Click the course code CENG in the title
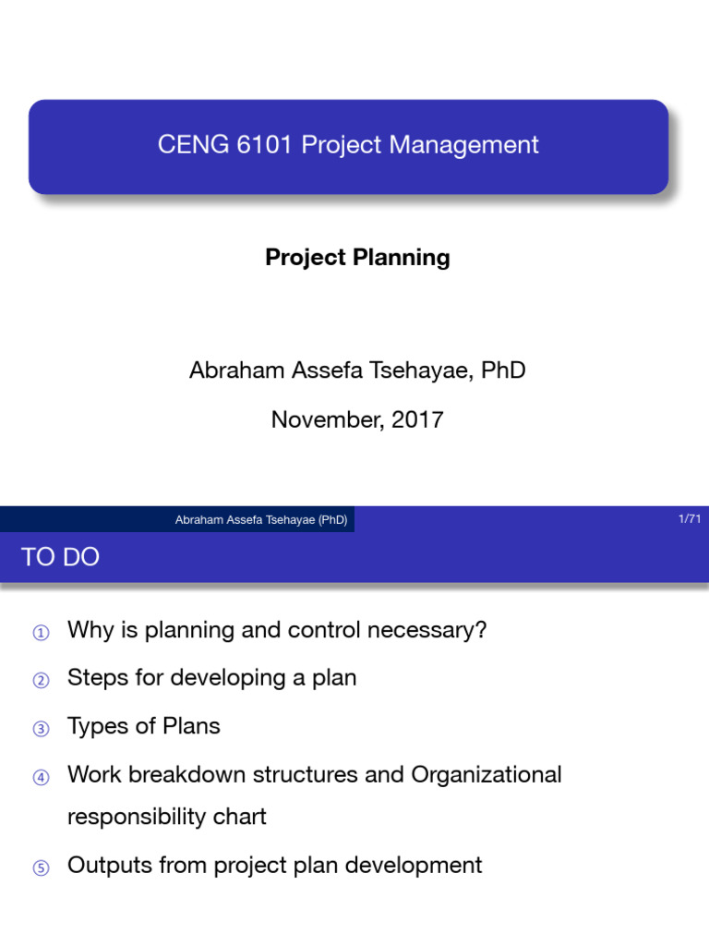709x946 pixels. (x=193, y=145)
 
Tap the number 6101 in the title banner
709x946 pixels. (x=264, y=145)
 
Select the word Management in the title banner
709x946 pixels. (x=463, y=145)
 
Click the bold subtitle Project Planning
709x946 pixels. (x=357, y=258)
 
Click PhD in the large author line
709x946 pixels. (x=503, y=370)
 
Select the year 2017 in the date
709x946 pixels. (x=417, y=420)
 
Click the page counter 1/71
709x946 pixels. (x=690, y=518)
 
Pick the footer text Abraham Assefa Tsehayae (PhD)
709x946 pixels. (x=261, y=519)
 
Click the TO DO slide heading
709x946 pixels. (x=60, y=557)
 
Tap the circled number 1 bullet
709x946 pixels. (x=41, y=633)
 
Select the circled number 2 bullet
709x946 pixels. (x=41, y=681)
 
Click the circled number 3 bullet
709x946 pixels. (x=41, y=729)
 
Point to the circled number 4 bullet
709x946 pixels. (x=41, y=777)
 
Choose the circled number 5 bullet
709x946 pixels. (x=41, y=868)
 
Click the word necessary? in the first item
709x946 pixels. (x=427, y=631)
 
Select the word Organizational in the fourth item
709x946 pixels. (x=486, y=775)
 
